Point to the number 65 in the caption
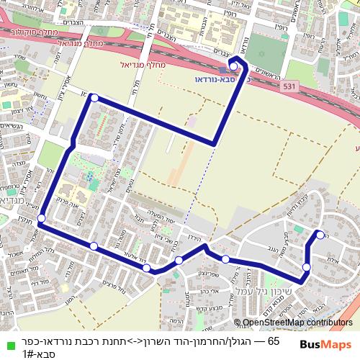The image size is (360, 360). [x=273, y=341]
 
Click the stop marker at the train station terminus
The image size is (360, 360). [x=233, y=66]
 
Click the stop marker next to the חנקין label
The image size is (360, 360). [x=41, y=217]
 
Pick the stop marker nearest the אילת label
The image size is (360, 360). [x=307, y=268]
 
